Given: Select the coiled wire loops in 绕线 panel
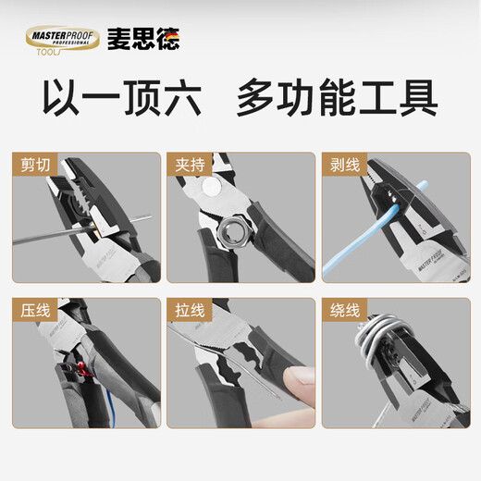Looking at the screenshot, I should (x=379, y=347).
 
